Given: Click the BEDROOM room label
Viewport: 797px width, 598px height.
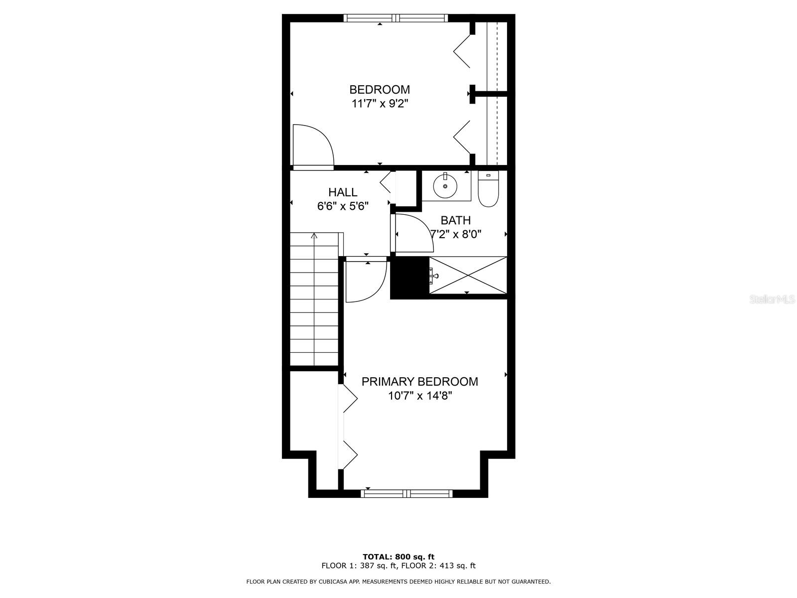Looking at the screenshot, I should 380,90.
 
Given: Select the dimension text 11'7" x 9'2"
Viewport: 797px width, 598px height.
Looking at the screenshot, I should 380,104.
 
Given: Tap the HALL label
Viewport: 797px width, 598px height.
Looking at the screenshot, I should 343,192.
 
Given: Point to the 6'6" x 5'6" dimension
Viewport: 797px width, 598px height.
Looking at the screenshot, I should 343,206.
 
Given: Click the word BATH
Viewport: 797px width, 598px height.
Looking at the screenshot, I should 455,220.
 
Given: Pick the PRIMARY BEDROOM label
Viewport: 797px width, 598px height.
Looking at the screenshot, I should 419,382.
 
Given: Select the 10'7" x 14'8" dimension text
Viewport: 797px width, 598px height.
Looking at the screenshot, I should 419,396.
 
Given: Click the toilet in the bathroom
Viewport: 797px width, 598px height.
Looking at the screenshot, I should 488,189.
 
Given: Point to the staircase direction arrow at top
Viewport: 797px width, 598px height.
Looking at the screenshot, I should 314,236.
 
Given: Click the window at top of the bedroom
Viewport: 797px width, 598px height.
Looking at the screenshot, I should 396,18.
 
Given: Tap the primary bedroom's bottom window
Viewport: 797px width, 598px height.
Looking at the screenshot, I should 407,493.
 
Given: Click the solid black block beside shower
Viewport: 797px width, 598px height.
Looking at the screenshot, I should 409,278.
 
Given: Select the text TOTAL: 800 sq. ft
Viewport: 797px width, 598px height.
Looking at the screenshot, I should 398,557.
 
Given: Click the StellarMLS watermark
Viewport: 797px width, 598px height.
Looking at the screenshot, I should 773,299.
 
